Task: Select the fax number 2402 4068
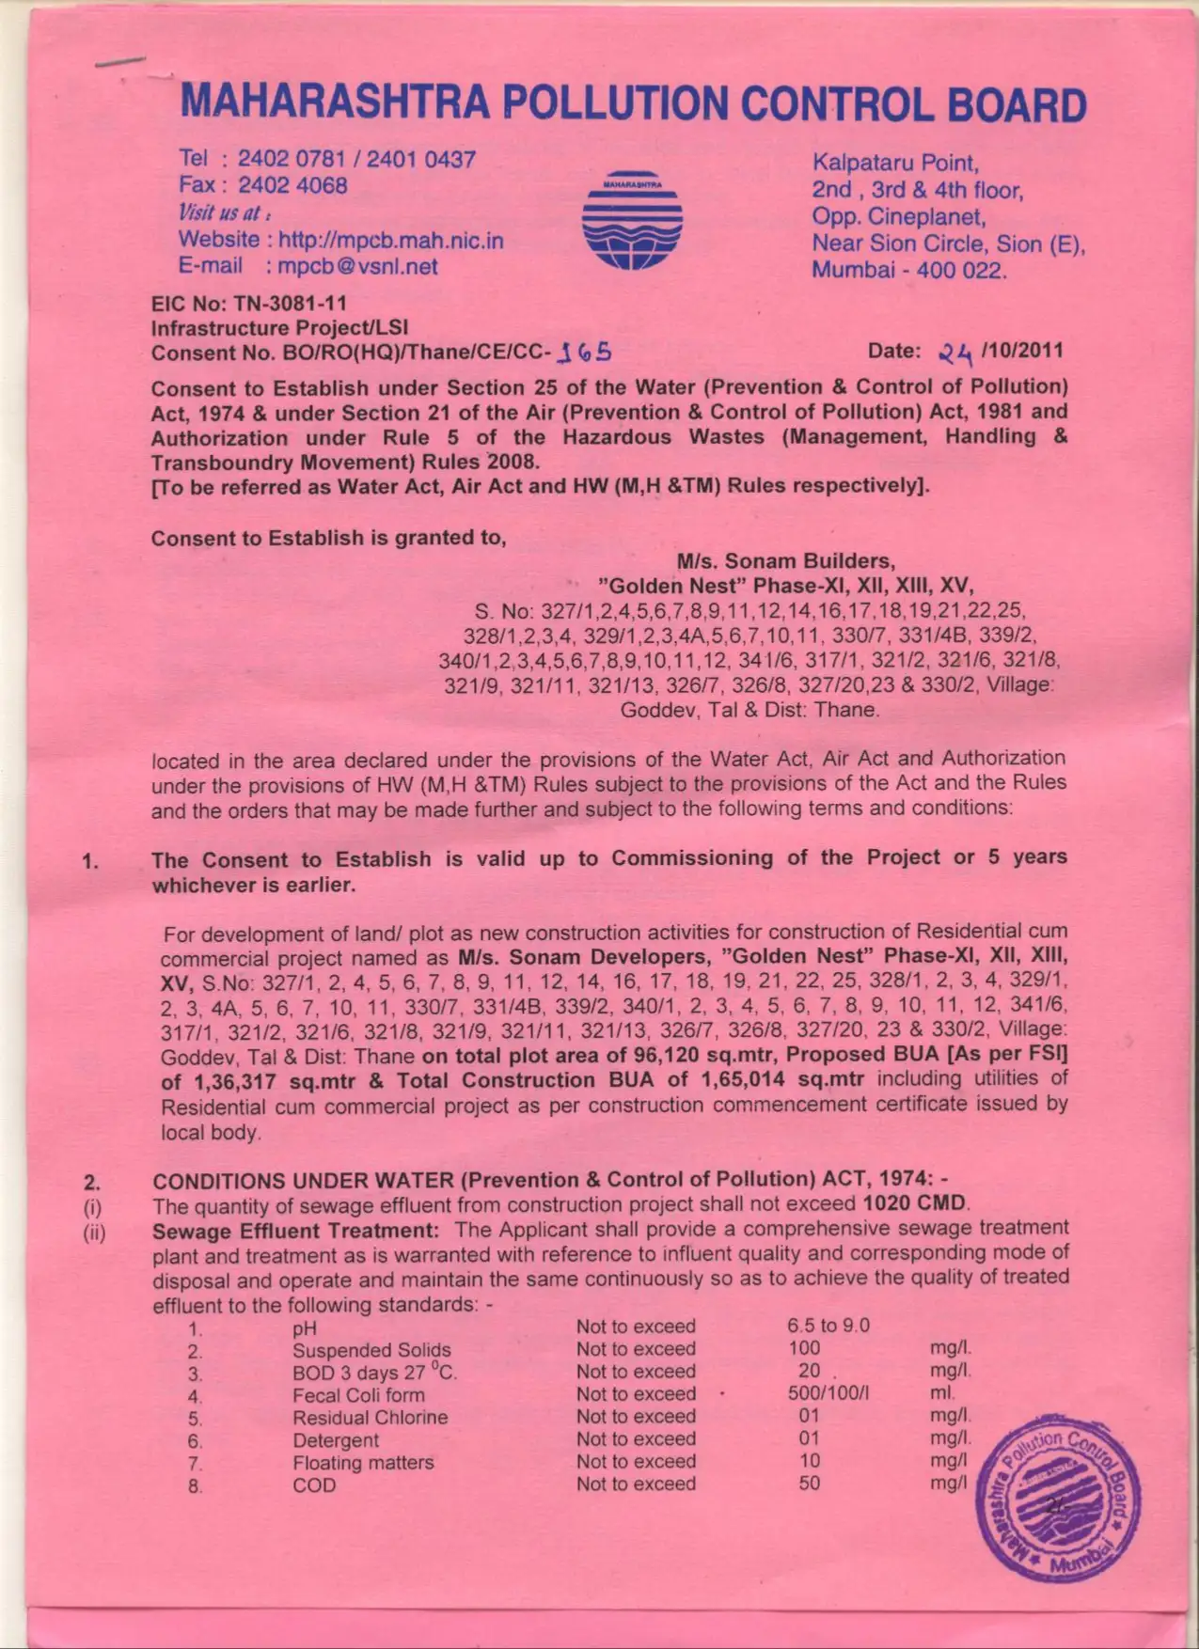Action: click(x=292, y=185)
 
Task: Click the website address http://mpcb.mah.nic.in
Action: click(x=391, y=241)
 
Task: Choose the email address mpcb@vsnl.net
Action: click(x=358, y=266)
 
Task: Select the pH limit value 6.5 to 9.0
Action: click(x=828, y=1326)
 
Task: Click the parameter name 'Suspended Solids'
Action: click(x=371, y=1350)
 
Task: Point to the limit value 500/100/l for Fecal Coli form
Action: click(x=828, y=1394)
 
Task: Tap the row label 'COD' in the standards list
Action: click(x=314, y=1485)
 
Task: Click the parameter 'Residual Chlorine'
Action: click(x=370, y=1418)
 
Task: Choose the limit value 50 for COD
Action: click(x=809, y=1484)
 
